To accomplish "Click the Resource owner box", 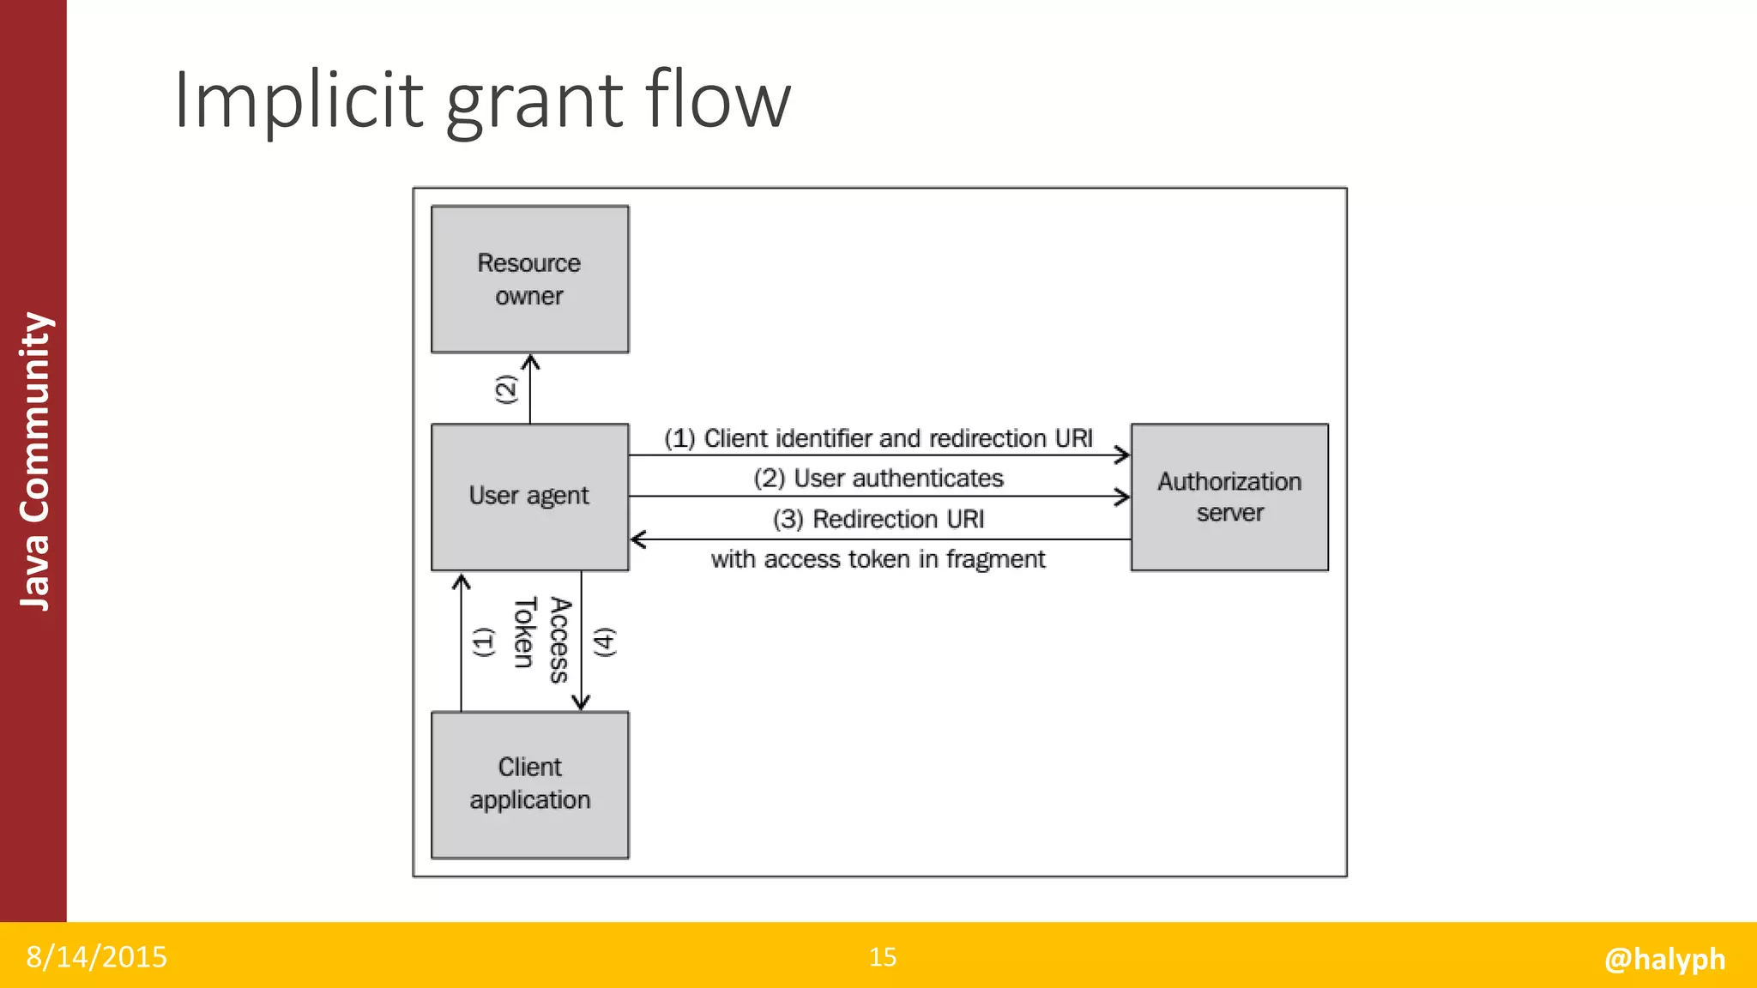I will point(529,279).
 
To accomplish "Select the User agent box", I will point(529,497).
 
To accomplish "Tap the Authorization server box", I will point(1229,497).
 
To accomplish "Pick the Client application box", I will point(529,784).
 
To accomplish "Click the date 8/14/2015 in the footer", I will point(96,956).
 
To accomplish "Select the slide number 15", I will point(883,956).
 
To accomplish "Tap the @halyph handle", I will point(1664,958).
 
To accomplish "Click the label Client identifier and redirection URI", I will point(878,438).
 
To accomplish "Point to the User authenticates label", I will point(878,478).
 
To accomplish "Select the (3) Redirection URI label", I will point(878,519).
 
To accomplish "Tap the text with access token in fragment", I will point(878,559).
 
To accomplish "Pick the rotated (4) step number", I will point(605,642).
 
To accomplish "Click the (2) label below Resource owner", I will point(506,389).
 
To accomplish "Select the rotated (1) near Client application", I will point(484,642).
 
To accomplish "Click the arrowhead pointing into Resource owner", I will point(530,361).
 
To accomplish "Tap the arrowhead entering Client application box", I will point(581,703).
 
